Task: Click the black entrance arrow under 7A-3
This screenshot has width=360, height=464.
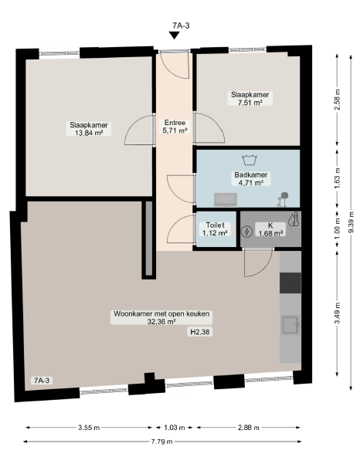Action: [175, 36]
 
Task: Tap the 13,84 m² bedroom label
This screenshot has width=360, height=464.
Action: [89, 129]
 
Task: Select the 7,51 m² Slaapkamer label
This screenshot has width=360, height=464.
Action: [250, 98]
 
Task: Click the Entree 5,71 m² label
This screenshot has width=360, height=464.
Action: [175, 127]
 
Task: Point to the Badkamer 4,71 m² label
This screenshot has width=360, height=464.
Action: [251, 179]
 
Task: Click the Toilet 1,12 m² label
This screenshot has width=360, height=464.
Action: [215, 229]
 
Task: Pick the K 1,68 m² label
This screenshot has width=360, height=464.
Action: [270, 229]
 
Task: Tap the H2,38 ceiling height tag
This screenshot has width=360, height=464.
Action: [200, 332]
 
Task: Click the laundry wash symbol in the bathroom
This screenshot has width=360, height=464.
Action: [250, 160]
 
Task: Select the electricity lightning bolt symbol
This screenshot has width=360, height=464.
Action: [246, 232]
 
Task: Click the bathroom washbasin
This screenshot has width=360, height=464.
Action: [226, 200]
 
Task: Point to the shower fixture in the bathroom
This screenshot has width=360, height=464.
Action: [283, 199]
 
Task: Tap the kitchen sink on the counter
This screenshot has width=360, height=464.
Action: [290, 325]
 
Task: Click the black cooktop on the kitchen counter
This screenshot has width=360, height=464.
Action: [290, 283]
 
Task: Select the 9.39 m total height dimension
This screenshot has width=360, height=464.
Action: [351, 222]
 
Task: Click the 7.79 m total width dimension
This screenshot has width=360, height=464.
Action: [162, 442]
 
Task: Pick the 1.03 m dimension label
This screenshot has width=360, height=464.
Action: [175, 427]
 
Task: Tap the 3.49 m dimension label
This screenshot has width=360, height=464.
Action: [338, 313]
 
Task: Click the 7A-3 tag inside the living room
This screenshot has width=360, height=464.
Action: [42, 381]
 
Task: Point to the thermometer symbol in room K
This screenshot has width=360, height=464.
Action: [294, 219]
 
